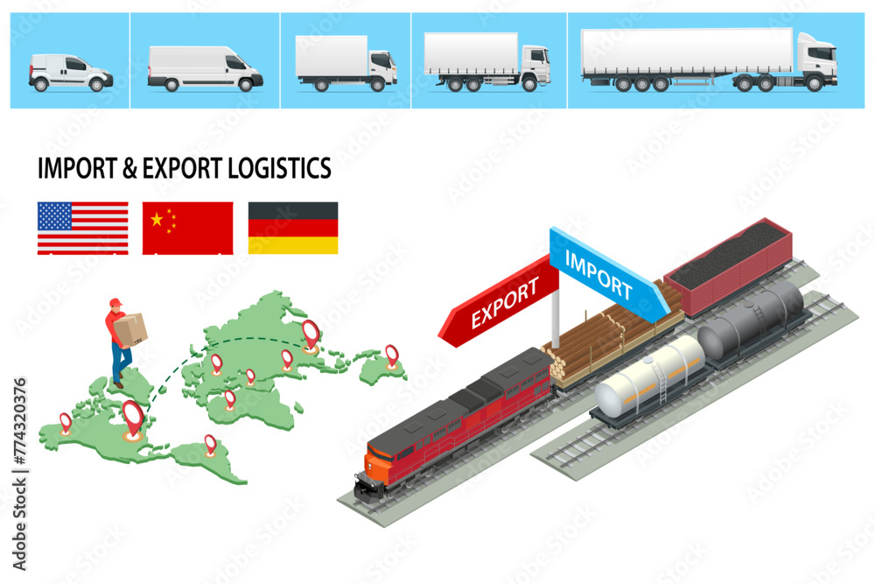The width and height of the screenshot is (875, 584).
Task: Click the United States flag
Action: coord(82,228)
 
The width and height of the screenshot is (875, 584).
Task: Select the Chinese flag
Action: coord(187,228)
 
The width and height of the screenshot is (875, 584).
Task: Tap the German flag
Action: coord(293,228)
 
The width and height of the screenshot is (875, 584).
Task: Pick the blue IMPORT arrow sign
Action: coord(603,271)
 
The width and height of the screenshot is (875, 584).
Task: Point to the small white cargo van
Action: coord(70,73)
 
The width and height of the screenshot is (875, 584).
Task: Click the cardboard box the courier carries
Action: coord(132,328)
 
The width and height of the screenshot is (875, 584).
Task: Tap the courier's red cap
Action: coord(115,303)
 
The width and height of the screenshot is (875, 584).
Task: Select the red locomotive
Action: coord(455,420)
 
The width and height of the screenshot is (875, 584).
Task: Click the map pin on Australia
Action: coord(391,355)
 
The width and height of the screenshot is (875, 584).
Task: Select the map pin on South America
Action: coord(210,442)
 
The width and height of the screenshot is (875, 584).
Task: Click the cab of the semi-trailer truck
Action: coord(816,60)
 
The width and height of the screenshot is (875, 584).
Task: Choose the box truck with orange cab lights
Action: coord(346,62)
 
